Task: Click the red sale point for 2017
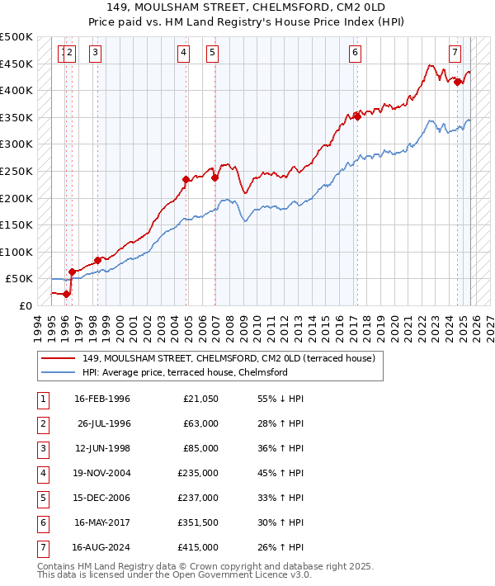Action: pyautogui.click(x=357, y=116)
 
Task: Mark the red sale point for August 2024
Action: pyautogui.click(x=457, y=81)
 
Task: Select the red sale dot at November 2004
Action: pyautogui.click(x=186, y=179)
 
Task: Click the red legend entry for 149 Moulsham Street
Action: pyautogui.click(x=229, y=358)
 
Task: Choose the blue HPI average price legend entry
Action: pyautogui.click(x=184, y=372)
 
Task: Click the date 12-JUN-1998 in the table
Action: pyautogui.click(x=102, y=449)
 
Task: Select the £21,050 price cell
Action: pyautogui.click(x=200, y=399)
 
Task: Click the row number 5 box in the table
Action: pyautogui.click(x=42, y=499)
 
